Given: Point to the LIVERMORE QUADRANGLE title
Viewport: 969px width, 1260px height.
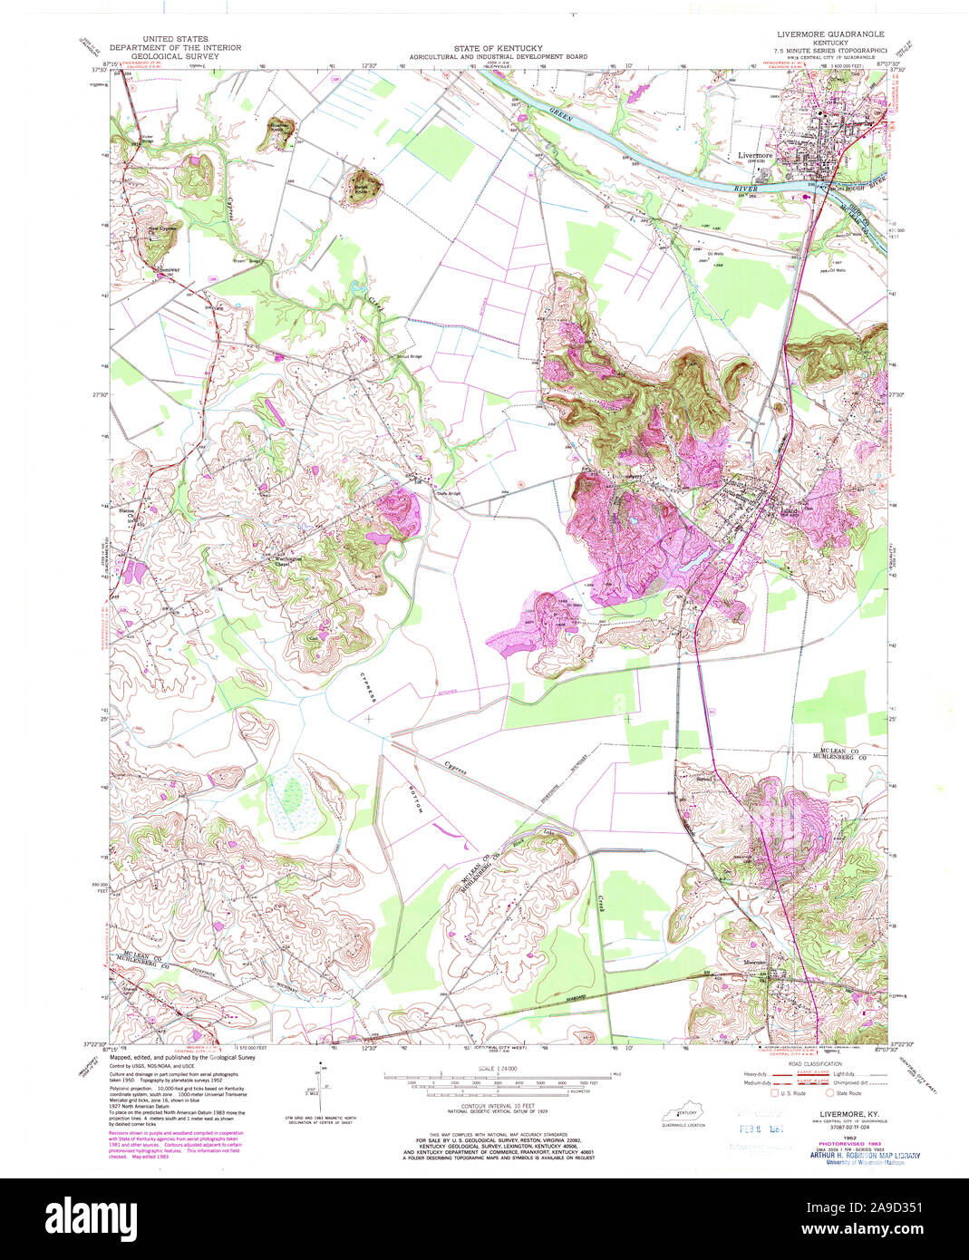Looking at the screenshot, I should [x=829, y=34].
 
